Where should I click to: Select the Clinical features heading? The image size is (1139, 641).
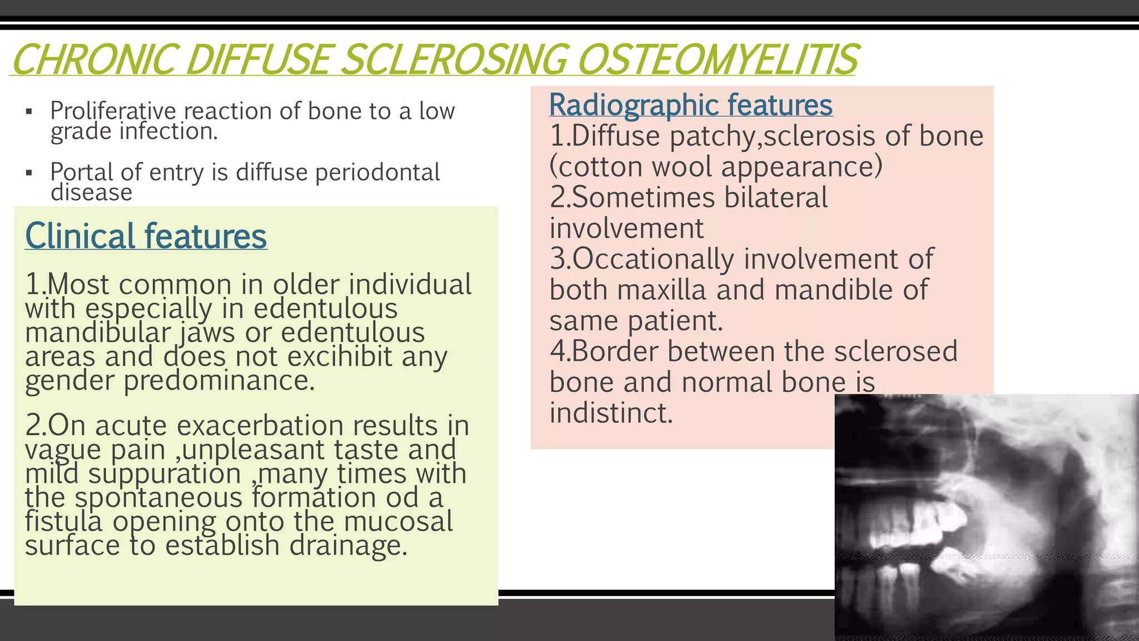[146, 236]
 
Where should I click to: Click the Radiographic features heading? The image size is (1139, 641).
[691, 105]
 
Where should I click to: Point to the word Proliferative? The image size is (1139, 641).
[113, 111]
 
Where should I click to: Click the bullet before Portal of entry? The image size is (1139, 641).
[29, 173]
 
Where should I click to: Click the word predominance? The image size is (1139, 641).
[219, 381]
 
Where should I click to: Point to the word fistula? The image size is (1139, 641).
[63, 521]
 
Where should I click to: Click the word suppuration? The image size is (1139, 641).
[164, 474]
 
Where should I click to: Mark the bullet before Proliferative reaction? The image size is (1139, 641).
[29, 112]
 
